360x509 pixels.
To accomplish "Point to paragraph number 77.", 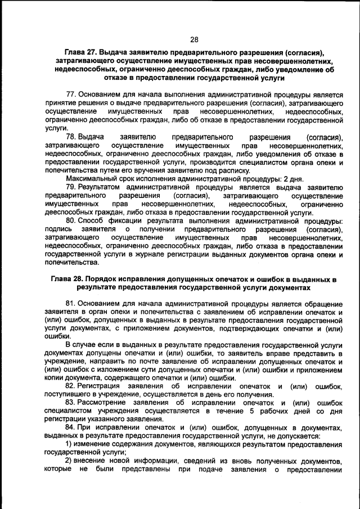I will (x=71, y=93).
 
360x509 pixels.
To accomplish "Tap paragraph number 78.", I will (x=71, y=137).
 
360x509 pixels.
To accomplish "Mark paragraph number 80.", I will (x=71, y=221).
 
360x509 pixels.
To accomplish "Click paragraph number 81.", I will (x=71, y=304).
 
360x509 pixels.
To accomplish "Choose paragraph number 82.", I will (x=71, y=386).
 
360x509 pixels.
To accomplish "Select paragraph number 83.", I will (x=71, y=403).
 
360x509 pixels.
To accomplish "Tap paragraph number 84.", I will (x=71, y=429).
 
